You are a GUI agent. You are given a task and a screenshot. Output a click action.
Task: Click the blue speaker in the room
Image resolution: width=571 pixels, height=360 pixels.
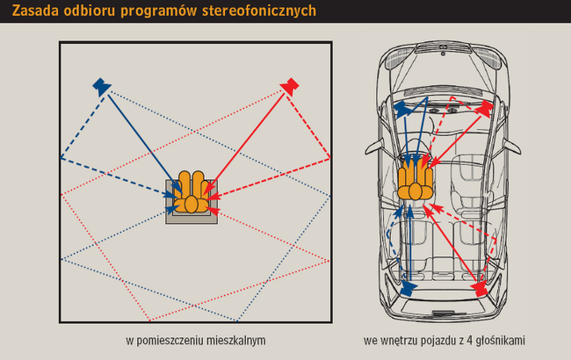click(x=101, y=85)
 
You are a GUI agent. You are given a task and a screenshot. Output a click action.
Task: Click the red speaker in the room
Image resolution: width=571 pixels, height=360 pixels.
click(x=291, y=85)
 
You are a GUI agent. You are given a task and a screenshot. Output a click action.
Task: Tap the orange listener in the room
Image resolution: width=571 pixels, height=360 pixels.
click(x=192, y=194)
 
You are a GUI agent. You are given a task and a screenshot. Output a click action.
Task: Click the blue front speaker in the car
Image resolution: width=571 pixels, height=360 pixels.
click(x=401, y=108)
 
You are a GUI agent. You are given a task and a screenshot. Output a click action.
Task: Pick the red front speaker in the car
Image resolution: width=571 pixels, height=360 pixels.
click(x=482, y=108)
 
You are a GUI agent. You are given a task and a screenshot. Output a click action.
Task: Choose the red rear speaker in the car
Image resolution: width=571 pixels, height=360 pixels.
click(x=480, y=287)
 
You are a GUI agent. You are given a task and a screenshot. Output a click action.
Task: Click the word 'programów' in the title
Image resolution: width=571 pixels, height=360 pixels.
click(x=155, y=11)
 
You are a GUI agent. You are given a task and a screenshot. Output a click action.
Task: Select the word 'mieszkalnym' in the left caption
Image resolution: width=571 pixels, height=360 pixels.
click(x=235, y=339)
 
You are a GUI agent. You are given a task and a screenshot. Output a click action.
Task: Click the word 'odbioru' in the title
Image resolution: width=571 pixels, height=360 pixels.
click(x=90, y=11)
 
